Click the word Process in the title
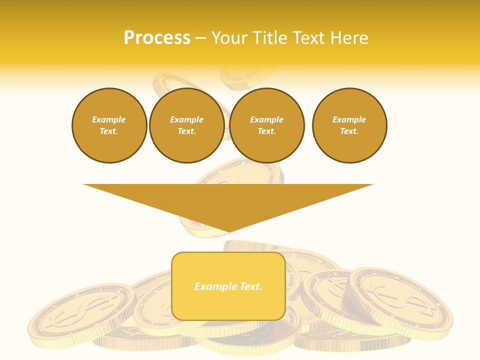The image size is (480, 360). pos(157,38)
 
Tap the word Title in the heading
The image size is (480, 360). pos(271,38)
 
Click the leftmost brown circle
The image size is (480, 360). pos(109,125)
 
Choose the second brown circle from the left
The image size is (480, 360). pos(186,125)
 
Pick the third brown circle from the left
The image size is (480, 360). pos(266,125)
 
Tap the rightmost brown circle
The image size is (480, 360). pos(349,125)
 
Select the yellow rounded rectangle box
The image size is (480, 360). pos(228,286)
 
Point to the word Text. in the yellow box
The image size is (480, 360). pos(250,286)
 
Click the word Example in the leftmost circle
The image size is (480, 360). pos(109,119)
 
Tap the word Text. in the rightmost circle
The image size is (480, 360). pos(349,131)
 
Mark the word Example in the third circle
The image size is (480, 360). pos(266,119)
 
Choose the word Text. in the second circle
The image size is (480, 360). pos(186,131)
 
